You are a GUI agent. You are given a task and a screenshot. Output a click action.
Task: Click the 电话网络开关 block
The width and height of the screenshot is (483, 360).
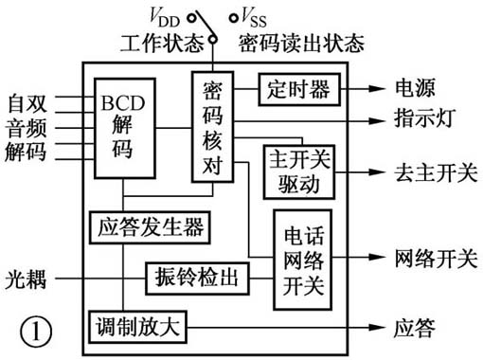pos(302,259)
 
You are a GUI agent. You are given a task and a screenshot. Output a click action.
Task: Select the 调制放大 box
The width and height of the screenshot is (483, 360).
pos(138,326)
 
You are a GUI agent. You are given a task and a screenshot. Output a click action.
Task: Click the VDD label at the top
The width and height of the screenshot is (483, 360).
pos(168,16)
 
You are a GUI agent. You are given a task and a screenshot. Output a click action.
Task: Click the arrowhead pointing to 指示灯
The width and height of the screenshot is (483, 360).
pos(376,120)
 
